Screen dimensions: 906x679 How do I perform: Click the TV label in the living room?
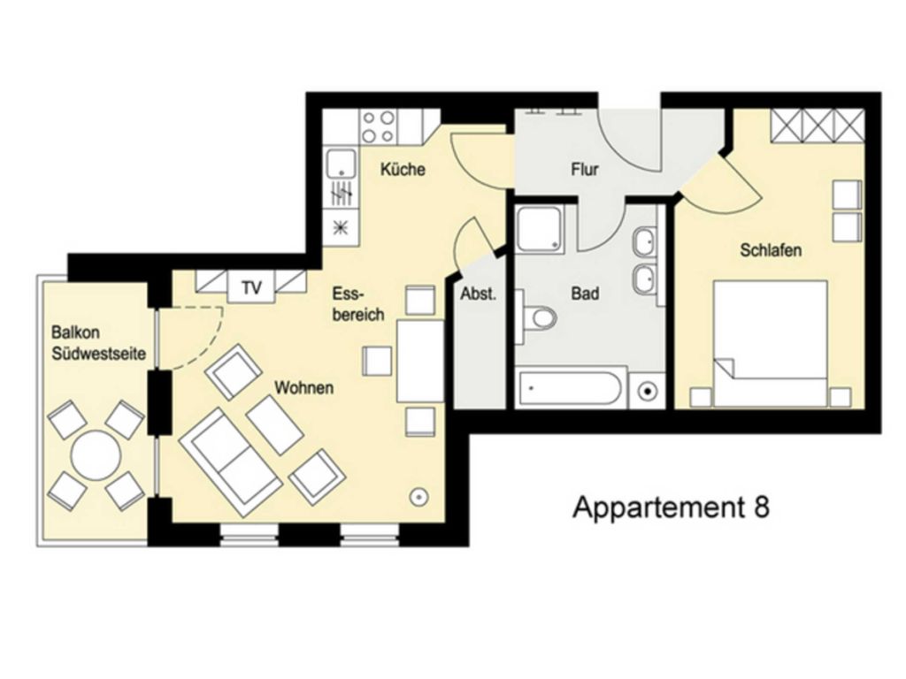(x=251, y=287)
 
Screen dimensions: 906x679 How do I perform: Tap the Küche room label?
(x=403, y=169)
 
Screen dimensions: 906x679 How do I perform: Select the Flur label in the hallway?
(x=585, y=169)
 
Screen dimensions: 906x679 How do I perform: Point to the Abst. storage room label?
(x=479, y=294)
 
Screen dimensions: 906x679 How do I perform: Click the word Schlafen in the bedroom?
(x=771, y=250)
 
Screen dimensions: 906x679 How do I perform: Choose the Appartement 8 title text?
(x=671, y=507)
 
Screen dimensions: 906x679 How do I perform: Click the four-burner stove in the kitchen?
(x=378, y=127)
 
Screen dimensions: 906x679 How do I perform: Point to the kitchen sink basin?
(x=342, y=164)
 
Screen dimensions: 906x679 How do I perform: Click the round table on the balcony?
(x=96, y=455)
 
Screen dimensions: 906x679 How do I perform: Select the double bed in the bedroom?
(x=771, y=343)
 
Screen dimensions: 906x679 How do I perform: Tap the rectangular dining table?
(x=420, y=361)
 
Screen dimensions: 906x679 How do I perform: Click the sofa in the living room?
(x=231, y=461)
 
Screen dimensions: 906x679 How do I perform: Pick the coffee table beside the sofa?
(x=274, y=425)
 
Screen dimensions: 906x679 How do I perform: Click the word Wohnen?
(x=304, y=387)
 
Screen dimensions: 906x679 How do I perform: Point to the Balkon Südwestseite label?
(x=99, y=343)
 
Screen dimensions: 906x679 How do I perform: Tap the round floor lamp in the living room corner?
(x=418, y=497)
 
